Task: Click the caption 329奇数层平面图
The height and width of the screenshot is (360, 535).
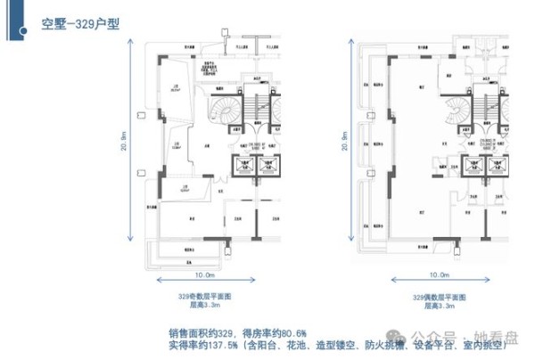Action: (x=205, y=296)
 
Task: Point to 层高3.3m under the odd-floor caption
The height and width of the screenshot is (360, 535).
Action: (x=205, y=305)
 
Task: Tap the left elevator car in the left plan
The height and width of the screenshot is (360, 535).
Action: (x=242, y=165)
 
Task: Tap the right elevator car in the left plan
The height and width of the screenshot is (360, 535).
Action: (x=267, y=165)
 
